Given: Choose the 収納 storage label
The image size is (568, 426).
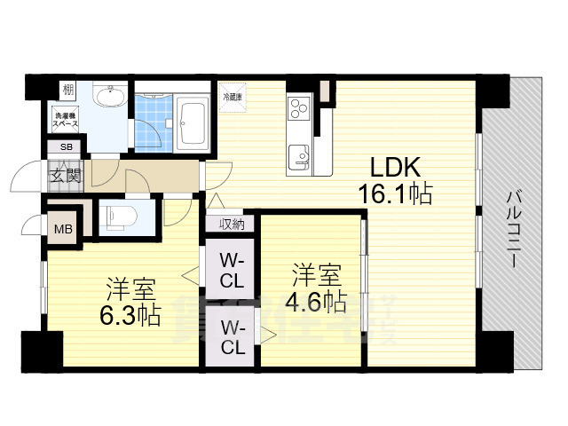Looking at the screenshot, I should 232,225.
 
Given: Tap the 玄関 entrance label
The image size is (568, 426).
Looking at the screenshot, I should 65,174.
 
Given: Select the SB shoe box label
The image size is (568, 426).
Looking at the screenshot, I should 66,147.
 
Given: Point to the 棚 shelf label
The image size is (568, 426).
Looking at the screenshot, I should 67,90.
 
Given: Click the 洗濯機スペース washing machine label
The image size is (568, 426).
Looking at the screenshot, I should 66,118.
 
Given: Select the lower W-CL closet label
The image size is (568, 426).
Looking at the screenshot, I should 232,338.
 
